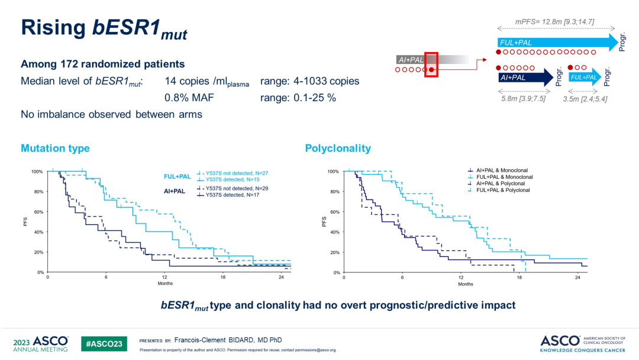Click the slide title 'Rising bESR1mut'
(104, 30)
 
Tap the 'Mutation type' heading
(55, 148)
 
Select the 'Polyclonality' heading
(338, 148)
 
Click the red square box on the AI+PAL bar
(431, 65)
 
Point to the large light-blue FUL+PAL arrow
(556, 42)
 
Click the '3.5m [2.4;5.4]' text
(585, 98)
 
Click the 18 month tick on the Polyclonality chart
(519, 278)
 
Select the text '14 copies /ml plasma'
(206, 81)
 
